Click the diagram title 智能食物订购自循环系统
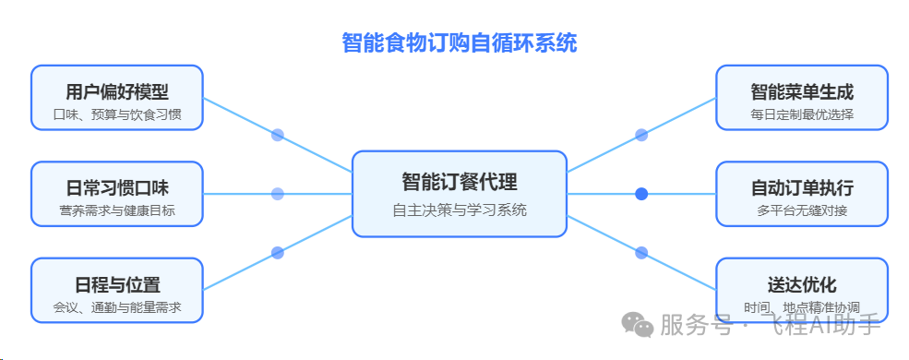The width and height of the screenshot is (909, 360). pos(459,43)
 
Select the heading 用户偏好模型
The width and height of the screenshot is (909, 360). pos(117,91)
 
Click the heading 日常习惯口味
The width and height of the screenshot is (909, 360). pos(117,187)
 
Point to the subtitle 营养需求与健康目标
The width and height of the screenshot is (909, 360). pos(117,211)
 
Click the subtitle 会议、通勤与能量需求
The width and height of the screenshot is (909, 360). pos(117,307)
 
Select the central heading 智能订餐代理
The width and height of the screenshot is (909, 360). pos(459,181)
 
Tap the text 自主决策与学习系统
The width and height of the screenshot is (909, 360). pos(459,210)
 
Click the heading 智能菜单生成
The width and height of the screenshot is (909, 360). pos(801,91)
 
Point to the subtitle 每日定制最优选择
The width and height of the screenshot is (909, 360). pos(801,115)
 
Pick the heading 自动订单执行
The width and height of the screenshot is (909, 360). pos(801,187)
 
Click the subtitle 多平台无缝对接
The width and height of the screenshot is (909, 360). pos(801,211)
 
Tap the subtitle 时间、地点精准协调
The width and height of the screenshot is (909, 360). pos(801,307)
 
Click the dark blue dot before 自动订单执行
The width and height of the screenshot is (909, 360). pos(641,194)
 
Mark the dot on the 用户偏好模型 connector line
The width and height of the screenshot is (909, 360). pos(277,135)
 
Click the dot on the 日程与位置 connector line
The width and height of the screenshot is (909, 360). pos(277,252)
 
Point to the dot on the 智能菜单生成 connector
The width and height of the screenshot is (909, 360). pos(641,135)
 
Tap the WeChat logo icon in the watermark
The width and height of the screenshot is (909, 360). pos(636,324)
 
